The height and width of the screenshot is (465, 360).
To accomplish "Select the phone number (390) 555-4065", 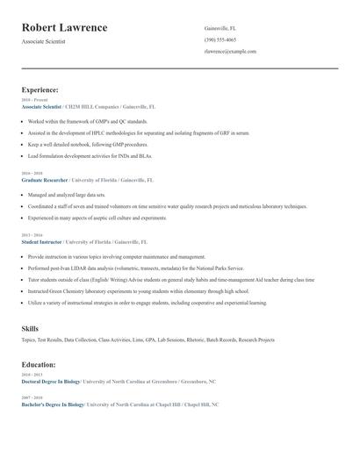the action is click(220, 40).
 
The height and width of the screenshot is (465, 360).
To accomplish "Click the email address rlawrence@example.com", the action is click(230, 52).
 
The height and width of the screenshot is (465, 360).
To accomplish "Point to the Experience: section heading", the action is click(40, 89).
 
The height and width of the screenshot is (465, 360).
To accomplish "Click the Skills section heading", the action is click(30, 328).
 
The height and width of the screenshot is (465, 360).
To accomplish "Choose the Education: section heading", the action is click(39, 364).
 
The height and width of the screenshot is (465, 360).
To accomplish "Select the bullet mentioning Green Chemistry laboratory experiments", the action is click(138, 290).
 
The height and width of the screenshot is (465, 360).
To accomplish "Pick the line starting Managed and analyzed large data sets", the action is click(66, 194).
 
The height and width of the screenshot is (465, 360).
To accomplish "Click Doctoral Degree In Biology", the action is click(51, 383).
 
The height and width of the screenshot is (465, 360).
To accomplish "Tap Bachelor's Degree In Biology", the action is click(53, 404).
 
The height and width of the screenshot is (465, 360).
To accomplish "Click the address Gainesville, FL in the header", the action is click(220, 28).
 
